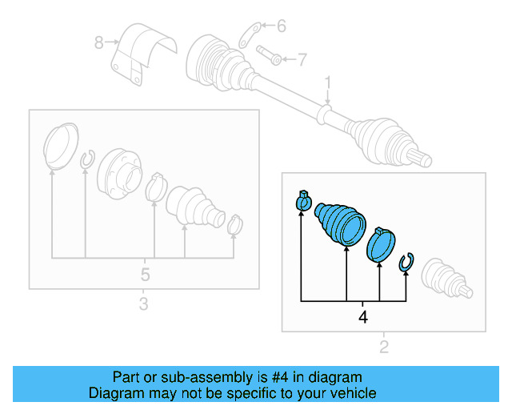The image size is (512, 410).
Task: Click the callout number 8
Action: [99, 42]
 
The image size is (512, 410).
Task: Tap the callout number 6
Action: [281, 26]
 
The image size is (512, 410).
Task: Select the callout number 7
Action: [302, 59]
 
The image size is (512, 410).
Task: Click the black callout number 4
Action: [362, 317]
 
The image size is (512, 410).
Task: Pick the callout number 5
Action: [145, 275]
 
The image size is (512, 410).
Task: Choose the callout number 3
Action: [144, 303]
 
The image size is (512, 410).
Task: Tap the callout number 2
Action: [384, 347]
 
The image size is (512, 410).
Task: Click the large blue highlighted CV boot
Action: [340, 224]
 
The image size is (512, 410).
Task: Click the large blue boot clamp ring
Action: [381, 244]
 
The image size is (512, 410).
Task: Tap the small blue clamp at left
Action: [304, 200]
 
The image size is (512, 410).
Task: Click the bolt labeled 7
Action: [269, 55]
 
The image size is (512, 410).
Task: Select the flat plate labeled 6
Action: [250, 35]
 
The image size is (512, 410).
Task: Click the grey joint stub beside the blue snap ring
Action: [446, 278]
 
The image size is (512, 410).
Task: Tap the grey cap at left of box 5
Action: [61, 147]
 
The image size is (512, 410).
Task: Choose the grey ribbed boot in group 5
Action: [195, 207]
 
